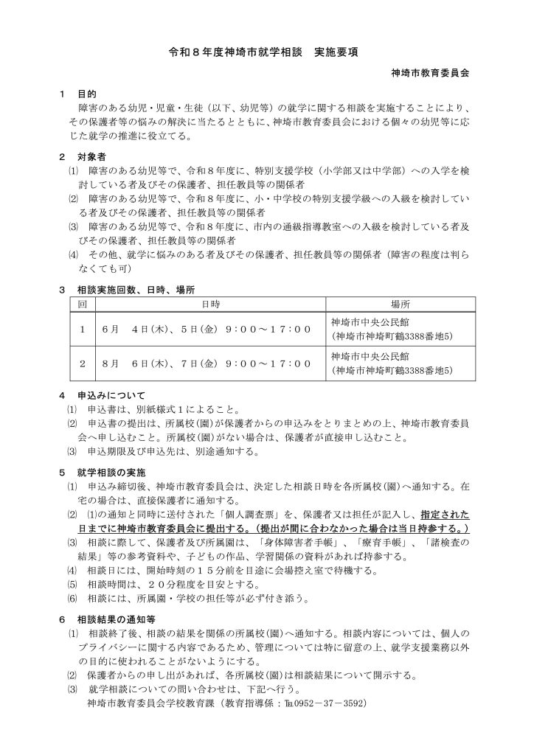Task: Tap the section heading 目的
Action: point(87,94)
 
